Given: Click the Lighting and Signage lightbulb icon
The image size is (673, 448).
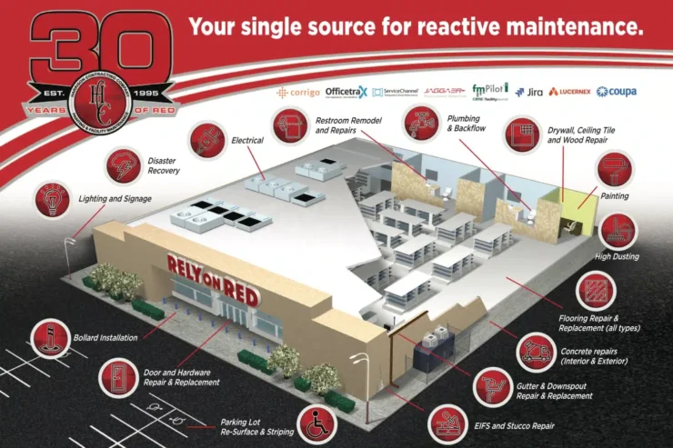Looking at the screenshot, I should (51, 199).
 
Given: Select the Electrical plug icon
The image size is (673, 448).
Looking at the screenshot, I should (207, 139).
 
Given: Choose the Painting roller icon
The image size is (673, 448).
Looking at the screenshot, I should (611, 170).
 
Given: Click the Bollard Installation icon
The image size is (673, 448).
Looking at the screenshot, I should (51, 337).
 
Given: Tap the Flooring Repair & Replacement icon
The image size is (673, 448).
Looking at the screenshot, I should (594, 293).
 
